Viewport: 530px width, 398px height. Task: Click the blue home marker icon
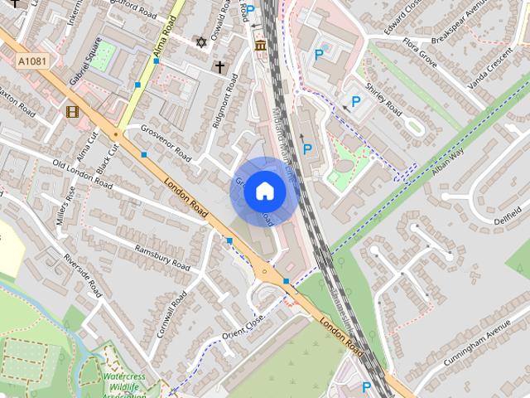tap(264, 192)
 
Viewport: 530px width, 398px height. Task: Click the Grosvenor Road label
tap(166, 143)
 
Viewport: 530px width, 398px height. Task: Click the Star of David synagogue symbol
tap(200, 41)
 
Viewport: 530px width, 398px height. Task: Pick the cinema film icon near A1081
tap(72, 111)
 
